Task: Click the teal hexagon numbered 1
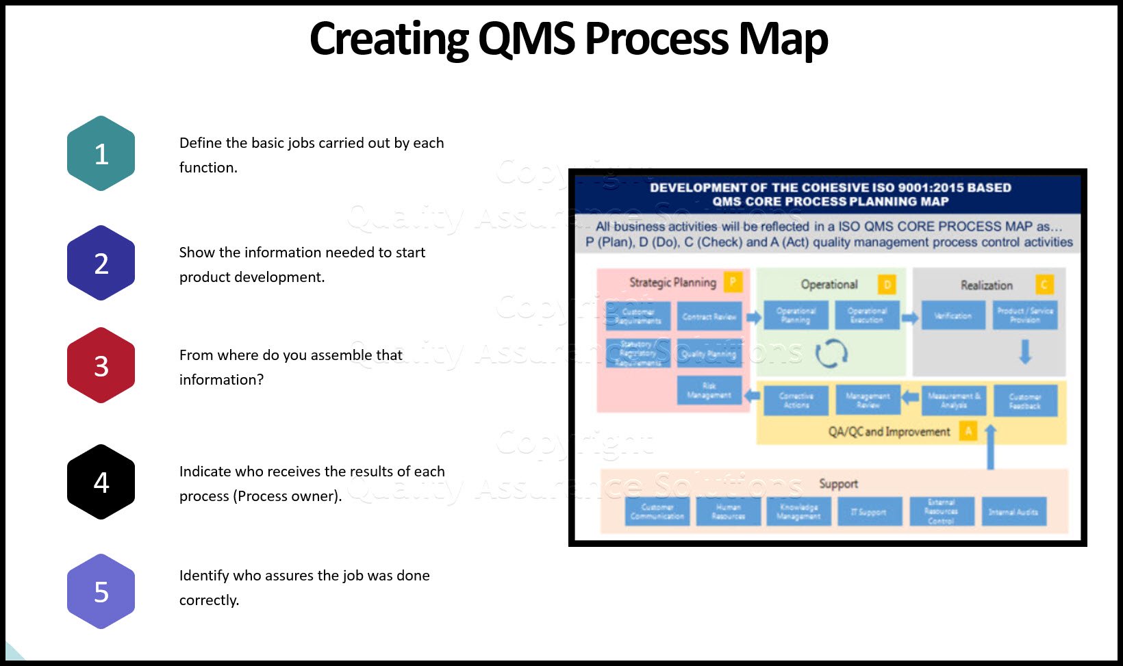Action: pyautogui.click(x=101, y=153)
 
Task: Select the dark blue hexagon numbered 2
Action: pyautogui.click(x=101, y=263)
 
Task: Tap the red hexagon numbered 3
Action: pyautogui.click(x=101, y=366)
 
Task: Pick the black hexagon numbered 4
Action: pyautogui.click(x=101, y=482)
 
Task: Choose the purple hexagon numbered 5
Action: pyautogui.click(x=101, y=591)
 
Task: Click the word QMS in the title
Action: pyautogui.click(x=526, y=38)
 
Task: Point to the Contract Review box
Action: pyautogui.click(x=709, y=316)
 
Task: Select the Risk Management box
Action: pyautogui.click(x=709, y=391)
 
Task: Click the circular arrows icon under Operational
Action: pyautogui.click(x=831, y=353)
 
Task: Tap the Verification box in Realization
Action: pyautogui.click(x=953, y=316)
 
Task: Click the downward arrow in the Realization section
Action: pyautogui.click(x=1025, y=352)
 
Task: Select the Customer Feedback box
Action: pyautogui.click(x=1024, y=401)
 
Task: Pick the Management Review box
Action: pyautogui.click(x=868, y=400)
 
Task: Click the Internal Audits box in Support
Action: pyautogui.click(x=1013, y=512)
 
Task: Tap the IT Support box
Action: pyautogui.click(x=869, y=512)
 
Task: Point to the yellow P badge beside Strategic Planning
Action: pyautogui.click(x=733, y=281)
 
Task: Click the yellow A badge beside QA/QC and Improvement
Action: pyautogui.click(x=968, y=431)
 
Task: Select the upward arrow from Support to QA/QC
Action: pyautogui.click(x=990, y=447)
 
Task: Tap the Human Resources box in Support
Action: pyautogui.click(x=728, y=512)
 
